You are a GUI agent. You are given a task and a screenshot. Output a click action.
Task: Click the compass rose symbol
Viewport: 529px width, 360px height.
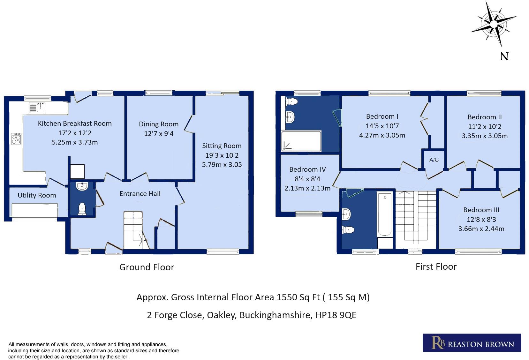tap(494, 24)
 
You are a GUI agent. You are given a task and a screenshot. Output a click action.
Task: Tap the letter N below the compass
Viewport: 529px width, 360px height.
tap(504, 56)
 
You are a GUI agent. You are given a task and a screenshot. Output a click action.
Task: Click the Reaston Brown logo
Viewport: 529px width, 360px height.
tap(472, 343)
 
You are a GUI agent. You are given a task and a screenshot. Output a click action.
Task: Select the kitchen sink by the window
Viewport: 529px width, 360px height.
tap(37, 108)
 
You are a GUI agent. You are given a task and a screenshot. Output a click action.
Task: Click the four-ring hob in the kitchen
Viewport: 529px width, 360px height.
tap(16, 139)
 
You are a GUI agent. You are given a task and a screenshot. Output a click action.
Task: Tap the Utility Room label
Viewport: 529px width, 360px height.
tap(37, 195)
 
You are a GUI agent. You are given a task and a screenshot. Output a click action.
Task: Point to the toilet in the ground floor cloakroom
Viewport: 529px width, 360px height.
tap(82, 209)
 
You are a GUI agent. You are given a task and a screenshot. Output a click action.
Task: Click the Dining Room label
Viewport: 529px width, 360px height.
tap(158, 124)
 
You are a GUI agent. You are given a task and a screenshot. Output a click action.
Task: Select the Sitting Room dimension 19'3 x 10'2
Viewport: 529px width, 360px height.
tap(222, 155)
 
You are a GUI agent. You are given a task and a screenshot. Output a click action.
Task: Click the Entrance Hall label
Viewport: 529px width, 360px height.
tap(140, 194)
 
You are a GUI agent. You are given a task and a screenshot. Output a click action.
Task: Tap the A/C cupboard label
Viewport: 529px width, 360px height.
tap(434, 160)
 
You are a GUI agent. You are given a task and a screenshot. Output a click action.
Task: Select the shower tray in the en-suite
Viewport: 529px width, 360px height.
tap(301, 141)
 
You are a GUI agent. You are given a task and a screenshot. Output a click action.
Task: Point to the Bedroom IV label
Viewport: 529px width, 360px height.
tap(307, 169)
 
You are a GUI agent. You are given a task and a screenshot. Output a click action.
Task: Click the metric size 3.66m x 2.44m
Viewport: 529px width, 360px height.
tap(481, 229)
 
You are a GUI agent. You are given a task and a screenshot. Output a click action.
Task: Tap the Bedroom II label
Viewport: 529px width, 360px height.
tap(485, 117)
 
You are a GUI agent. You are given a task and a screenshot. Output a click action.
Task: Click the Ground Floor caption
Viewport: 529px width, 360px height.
tap(147, 267)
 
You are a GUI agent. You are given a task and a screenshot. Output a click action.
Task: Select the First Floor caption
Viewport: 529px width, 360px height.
tap(436, 266)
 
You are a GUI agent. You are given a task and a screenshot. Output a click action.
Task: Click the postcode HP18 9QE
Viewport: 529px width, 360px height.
tap(336, 315)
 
